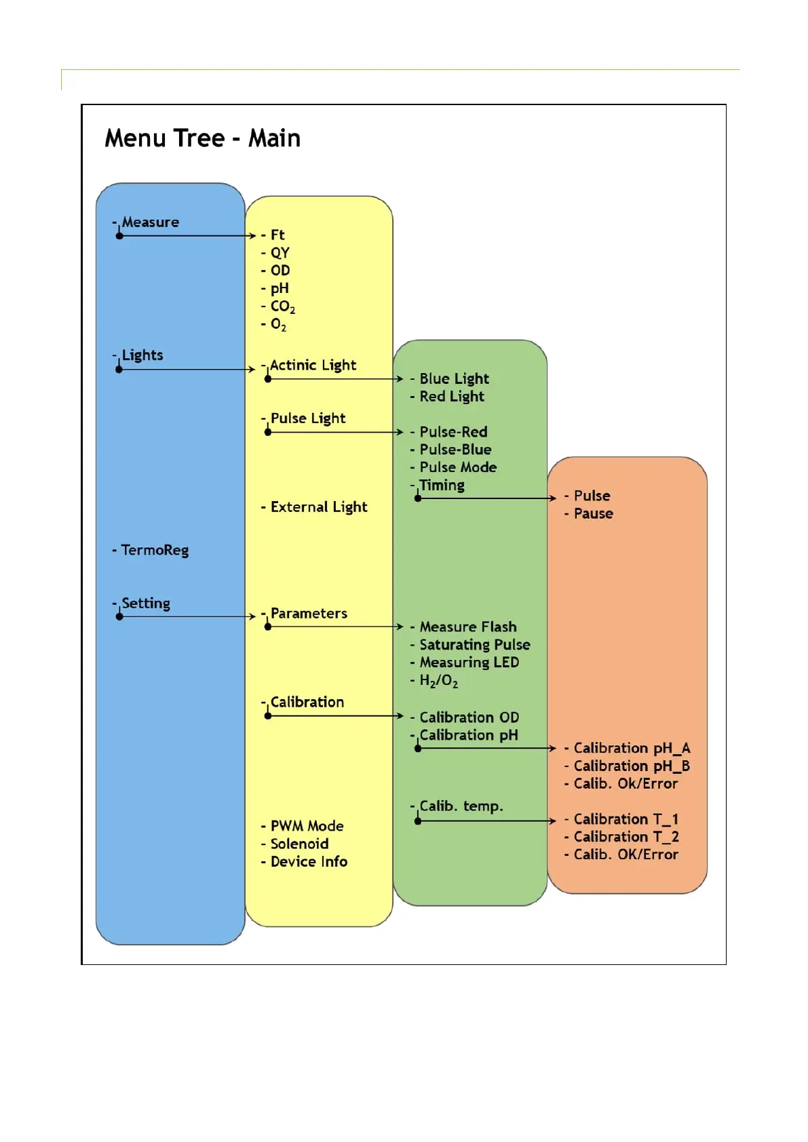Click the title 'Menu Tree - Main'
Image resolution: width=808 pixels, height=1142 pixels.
click(x=202, y=138)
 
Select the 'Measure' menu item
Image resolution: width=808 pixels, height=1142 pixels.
click(x=150, y=222)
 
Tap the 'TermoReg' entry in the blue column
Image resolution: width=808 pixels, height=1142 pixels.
click(x=155, y=550)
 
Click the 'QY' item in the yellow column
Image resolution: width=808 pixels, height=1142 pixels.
click(x=280, y=253)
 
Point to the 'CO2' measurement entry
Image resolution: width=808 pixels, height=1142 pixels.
click(x=282, y=307)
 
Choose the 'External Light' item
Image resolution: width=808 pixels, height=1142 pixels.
click(x=318, y=507)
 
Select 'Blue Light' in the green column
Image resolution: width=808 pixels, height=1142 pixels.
click(x=454, y=379)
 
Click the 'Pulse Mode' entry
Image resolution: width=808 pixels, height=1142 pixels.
click(x=458, y=467)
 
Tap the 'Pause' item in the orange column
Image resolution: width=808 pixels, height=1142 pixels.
click(x=593, y=513)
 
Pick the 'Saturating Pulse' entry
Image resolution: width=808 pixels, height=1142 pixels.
click(x=474, y=645)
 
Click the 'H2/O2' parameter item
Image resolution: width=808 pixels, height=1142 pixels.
click(x=438, y=681)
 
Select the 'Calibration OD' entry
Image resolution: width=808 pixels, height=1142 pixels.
click(x=469, y=717)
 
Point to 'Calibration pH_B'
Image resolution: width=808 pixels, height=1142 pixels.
click(x=632, y=766)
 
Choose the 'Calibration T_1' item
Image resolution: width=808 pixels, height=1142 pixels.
click(x=626, y=819)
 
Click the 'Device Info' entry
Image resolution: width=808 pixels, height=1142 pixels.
click(x=309, y=862)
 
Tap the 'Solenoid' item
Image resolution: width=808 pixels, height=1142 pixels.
click(x=299, y=844)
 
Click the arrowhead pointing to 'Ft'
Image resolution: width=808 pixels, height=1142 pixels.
click(x=252, y=236)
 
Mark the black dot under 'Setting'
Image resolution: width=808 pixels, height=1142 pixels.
click(x=119, y=616)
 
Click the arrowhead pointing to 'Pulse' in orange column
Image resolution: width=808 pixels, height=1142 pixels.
click(x=553, y=498)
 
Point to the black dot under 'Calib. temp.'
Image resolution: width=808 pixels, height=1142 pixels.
click(x=418, y=821)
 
